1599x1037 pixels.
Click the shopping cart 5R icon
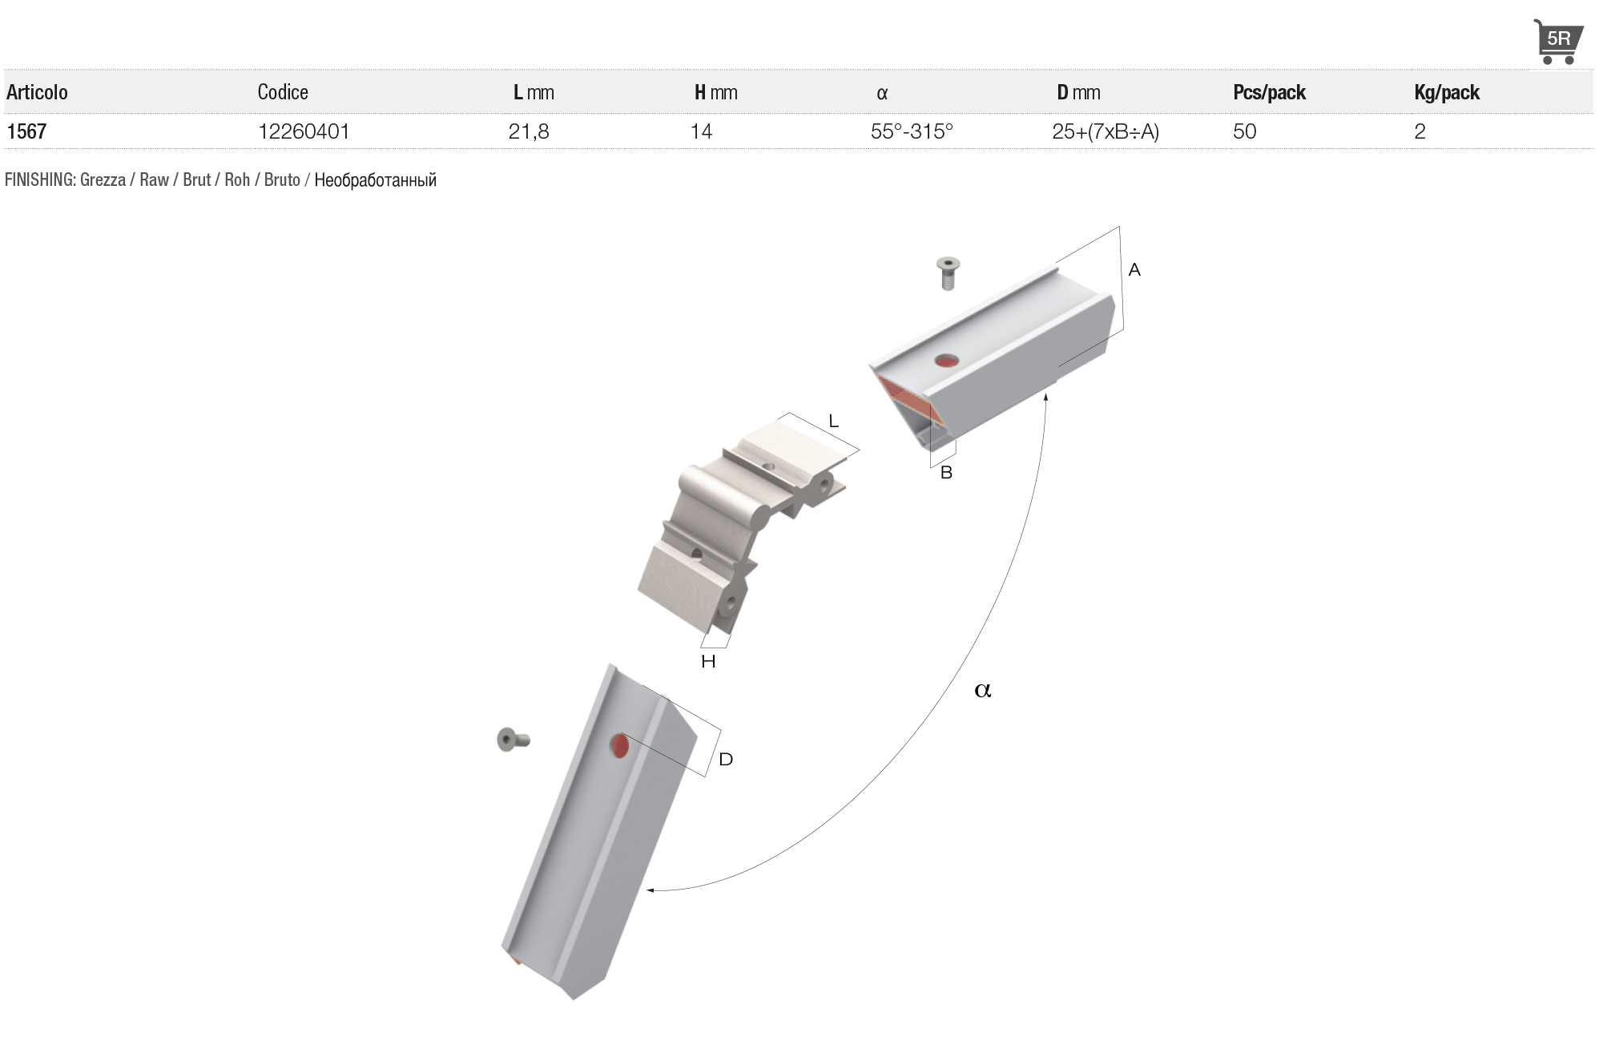1557,41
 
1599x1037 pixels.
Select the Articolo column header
37,92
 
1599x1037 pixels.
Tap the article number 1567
26,131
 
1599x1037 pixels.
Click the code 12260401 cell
304,131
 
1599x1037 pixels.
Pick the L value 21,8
529,131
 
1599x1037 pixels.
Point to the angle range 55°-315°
912,131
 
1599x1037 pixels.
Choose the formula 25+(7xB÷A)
1106,131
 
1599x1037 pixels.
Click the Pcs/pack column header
1269,92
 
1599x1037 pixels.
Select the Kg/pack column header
1447,92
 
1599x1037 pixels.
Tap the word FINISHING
40,180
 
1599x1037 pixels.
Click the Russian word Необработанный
375,180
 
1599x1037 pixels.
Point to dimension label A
1134,270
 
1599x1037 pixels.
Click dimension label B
946,473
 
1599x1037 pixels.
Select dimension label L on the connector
833,421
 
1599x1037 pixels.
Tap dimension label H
708,661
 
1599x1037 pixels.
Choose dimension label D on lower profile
726,759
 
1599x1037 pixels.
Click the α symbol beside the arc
983,689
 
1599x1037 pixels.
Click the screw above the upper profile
948,273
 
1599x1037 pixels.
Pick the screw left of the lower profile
514,739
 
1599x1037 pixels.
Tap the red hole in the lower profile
619,746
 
